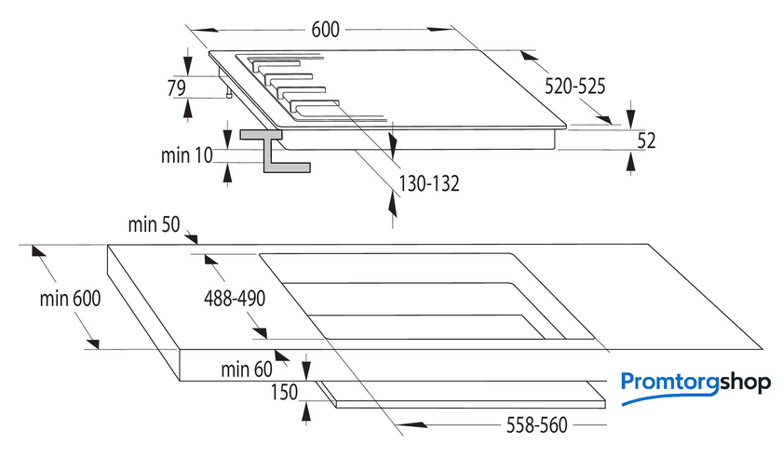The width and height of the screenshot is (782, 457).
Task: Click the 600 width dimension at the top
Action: tap(325, 30)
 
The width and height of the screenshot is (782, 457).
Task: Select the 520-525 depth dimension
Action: tap(574, 87)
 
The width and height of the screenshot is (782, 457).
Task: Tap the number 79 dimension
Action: tap(177, 87)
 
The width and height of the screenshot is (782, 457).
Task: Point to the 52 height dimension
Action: tap(646, 141)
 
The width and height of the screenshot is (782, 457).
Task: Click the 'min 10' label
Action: tap(186, 155)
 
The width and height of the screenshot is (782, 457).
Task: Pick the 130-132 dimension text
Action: tap(429, 183)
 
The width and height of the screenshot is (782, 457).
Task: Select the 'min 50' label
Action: tap(154, 224)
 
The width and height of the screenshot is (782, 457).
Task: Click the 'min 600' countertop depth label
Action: tap(71, 299)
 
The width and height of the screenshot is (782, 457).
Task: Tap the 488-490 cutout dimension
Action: tap(235, 299)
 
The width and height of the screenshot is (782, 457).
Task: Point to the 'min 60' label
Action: tap(247, 370)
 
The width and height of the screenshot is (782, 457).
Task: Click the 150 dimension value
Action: tap(284, 392)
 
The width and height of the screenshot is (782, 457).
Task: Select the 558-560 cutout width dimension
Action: tap(536, 425)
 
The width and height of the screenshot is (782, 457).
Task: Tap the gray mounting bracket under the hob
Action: tap(275, 151)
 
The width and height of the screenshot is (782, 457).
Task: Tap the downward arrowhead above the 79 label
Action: tap(187, 64)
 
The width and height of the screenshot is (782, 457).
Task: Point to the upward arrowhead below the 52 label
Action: tap(631, 162)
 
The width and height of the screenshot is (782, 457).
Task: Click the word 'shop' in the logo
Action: tap(745, 384)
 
